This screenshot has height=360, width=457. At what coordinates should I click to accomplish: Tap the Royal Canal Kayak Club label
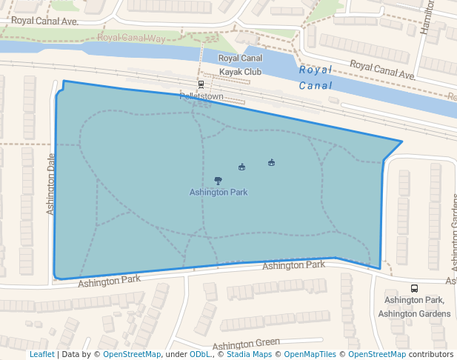coord(240,65)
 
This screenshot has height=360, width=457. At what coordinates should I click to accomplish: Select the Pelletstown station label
coord(201,97)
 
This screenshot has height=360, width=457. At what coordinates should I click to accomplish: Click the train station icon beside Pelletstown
coord(201,84)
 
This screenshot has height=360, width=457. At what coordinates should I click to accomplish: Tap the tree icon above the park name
coord(218,181)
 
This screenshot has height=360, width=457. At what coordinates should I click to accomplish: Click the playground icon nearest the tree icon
coord(241,167)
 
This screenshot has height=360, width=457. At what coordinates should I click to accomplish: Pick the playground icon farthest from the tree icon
coord(271,163)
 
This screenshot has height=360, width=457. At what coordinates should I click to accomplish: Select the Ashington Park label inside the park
coord(219,193)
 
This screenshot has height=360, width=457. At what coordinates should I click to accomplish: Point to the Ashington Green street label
coord(246,344)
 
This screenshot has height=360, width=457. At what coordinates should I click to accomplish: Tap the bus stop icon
coord(414,288)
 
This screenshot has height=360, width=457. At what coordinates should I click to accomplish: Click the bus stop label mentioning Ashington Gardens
coord(414,307)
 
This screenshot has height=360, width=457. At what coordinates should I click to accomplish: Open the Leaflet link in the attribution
coord(41,355)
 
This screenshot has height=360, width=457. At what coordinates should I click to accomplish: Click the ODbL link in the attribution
coord(201,355)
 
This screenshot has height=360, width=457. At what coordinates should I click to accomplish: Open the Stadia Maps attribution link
coord(247,355)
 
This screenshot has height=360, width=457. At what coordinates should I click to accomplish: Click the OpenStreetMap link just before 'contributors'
coord(377,355)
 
